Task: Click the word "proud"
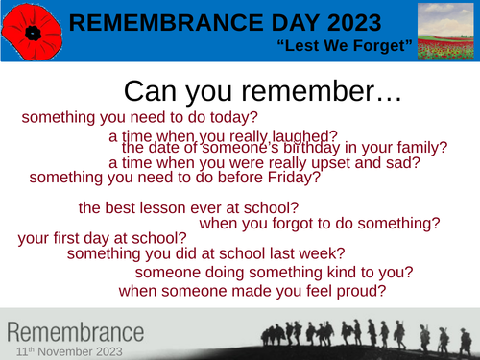pyautogui.click(x=357, y=290)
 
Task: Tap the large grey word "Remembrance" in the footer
pyautogui.click(x=77, y=333)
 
